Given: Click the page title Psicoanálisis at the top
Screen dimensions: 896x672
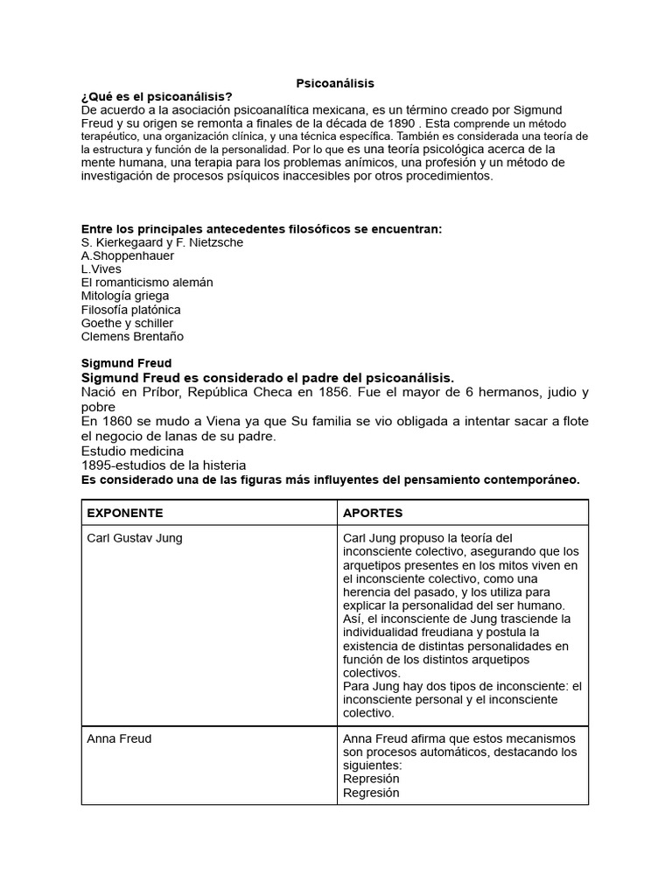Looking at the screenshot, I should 336,83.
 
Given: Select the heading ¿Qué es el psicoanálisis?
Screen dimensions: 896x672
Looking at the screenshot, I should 157,96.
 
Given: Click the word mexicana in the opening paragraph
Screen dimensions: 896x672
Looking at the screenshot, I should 339,110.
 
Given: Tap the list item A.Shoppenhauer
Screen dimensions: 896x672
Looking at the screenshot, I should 127,255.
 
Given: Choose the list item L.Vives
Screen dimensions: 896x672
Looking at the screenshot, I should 101,269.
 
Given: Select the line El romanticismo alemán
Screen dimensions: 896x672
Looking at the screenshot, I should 147,283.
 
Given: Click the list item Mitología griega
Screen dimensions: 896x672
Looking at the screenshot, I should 125,296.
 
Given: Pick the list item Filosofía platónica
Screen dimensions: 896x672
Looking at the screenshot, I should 131,310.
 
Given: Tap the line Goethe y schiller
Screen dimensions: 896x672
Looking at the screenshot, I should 127,323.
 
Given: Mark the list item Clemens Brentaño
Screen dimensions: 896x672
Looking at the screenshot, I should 132,336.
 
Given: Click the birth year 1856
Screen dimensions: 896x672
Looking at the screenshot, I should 337,392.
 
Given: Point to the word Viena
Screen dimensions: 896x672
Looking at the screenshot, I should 200,422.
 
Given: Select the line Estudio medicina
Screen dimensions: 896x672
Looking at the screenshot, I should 132,451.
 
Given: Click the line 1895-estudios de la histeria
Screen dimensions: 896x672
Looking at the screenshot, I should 163,465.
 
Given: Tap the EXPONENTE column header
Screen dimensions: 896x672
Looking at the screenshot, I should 125,512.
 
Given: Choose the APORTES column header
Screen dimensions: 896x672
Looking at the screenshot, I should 373,512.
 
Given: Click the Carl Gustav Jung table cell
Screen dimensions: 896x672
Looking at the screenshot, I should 135,538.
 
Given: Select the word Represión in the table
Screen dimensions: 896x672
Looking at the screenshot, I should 371,779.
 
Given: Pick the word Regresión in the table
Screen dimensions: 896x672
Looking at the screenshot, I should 371,793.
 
